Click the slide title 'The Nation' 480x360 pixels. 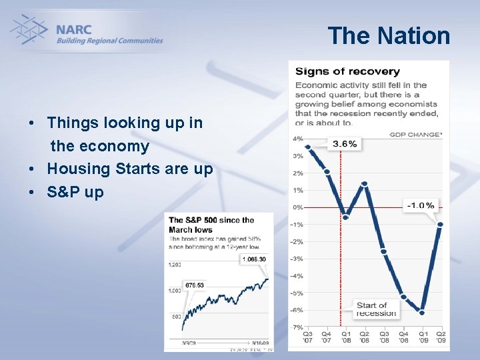click(389, 35)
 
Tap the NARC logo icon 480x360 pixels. click(29, 31)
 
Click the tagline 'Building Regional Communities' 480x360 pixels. click(109, 41)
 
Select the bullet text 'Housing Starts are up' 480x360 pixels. click(130, 169)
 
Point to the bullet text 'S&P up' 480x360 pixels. click(75, 193)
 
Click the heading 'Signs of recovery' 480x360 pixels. click(347, 71)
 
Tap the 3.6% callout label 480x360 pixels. click(344, 144)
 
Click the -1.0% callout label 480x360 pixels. click(420, 205)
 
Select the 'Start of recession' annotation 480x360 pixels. click(376, 309)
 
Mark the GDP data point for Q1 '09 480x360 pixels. click(421, 311)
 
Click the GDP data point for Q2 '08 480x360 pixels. click(364, 183)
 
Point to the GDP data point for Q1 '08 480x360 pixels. click(345, 217)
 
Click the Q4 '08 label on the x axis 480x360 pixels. click(403, 337)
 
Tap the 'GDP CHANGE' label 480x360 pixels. click(415, 135)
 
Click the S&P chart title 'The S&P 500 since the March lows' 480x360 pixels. click(211, 225)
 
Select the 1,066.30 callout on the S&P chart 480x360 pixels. click(253, 259)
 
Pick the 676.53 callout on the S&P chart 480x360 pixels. click(195, 285)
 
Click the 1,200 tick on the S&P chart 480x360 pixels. click(175, 265)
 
